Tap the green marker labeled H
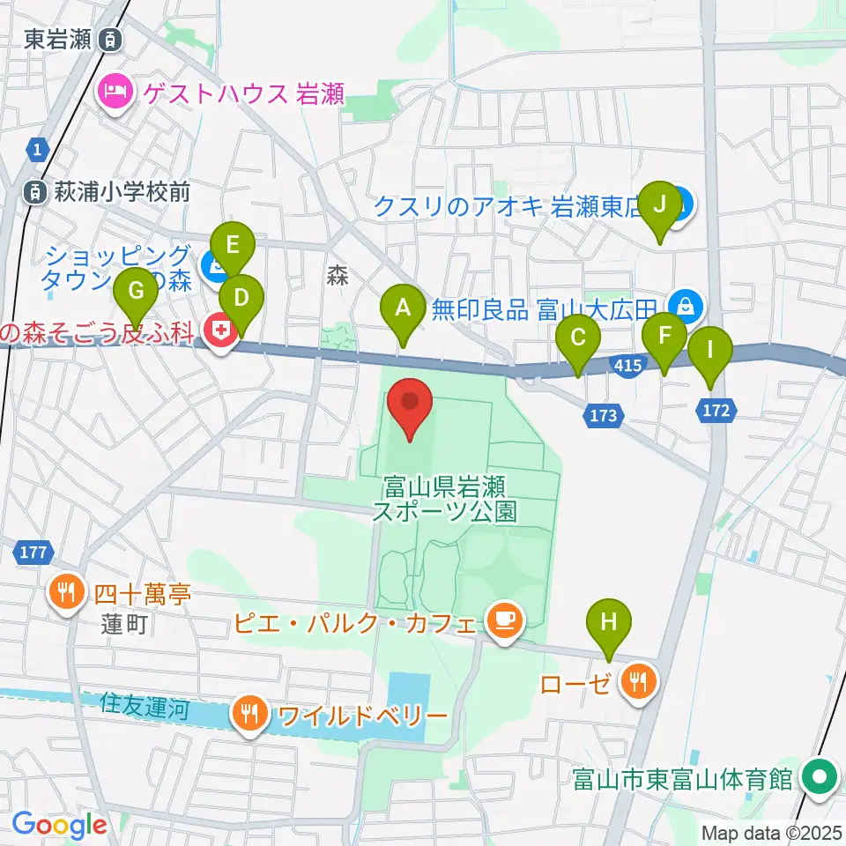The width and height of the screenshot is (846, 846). coord(609,622)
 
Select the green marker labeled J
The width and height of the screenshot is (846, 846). coord(660,205)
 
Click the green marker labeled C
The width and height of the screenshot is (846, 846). coord(578,338)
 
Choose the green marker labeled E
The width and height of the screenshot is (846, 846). coord(233,245)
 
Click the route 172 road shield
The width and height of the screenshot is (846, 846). coord(716,409)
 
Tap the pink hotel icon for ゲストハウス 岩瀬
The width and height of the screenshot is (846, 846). coord(115,91)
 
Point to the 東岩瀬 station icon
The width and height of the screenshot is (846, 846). coord(110,39)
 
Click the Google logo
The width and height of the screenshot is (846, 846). coord(60,824)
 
